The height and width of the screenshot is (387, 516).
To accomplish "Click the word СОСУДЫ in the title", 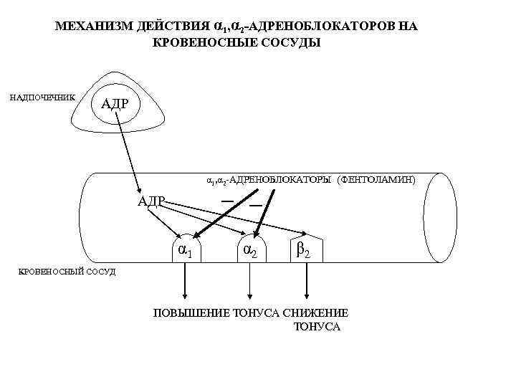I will (x=289, y=42).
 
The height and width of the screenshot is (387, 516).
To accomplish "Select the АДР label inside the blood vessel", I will (x=151, y=200).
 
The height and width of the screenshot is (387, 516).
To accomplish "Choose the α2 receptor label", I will (x=251, y=252).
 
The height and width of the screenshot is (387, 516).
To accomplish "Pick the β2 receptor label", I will (x=303, y=252).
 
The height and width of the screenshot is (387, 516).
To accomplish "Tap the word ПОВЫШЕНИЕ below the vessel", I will (x=189, y=312).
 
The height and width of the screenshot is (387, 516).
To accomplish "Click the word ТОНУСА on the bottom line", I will (x=317, y=328).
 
